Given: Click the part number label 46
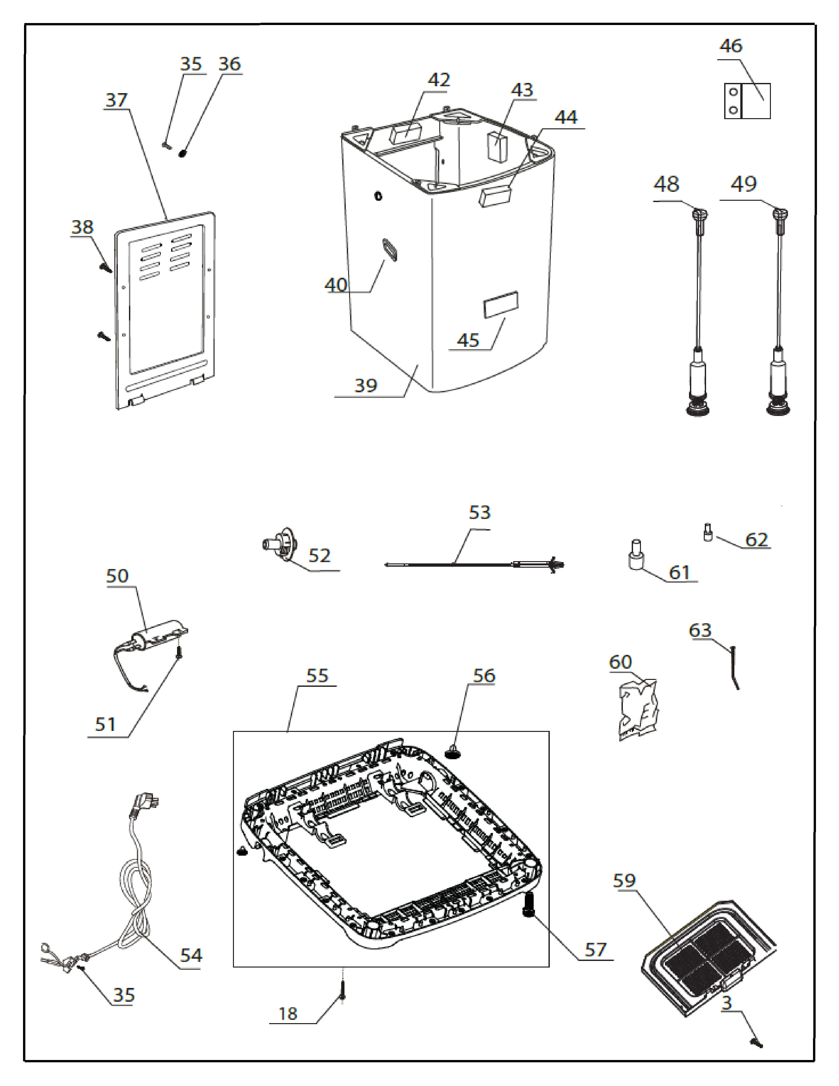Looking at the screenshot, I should coord(731,46).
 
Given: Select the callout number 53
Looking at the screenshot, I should coord(479,513).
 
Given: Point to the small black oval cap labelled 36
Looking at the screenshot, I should coord(183,153).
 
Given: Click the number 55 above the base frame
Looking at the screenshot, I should coord(317,676).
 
